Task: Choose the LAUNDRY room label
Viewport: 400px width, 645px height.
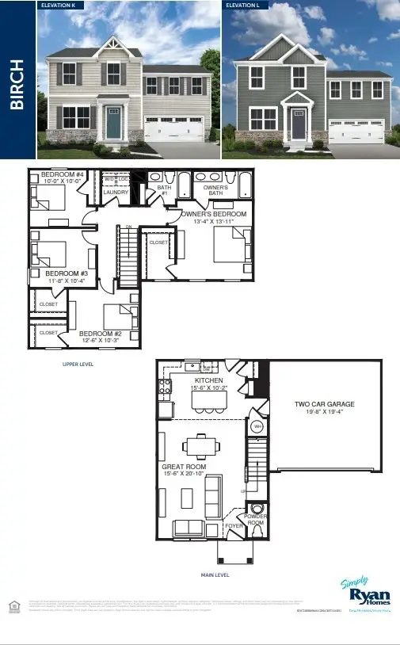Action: click(116, 192)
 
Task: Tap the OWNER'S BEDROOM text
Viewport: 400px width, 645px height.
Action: click(213, 214)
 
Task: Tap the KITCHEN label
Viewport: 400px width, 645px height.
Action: click(209, 380)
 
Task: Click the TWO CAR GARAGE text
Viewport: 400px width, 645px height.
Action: click(325, 404)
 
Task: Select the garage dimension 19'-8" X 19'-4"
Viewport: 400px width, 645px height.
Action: click(325, 413)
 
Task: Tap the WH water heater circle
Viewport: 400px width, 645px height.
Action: click(257, 426)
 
